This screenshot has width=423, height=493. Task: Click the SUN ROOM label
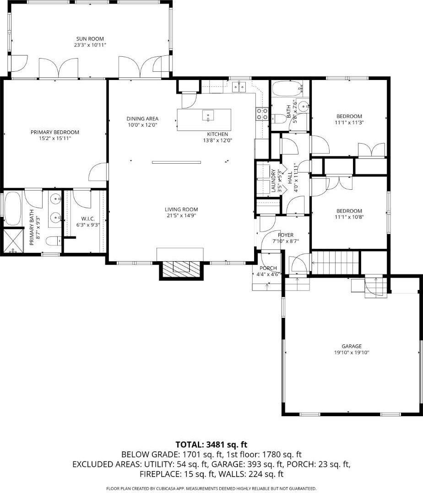[x=90, y=39]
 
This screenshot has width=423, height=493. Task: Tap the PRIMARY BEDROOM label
[x=55, y=132]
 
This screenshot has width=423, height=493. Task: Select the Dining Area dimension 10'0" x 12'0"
[x=142, y=125]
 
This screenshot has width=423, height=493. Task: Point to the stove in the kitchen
[x=262, y=113]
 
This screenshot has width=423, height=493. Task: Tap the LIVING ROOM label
[x=181, y=209]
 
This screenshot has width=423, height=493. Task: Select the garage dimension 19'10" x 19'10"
[x=351, y=353]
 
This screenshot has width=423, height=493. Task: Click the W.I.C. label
[x=87, y=219]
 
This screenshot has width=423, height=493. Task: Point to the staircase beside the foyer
[x=334, y=263]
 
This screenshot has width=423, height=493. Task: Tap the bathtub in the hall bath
[x=286, y=86]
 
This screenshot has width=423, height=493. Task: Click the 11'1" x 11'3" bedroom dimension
[x=349, y=123]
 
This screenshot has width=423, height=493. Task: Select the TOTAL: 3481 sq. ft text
[x=211, y=445]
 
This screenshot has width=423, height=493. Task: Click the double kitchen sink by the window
[x=239, y=86]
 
